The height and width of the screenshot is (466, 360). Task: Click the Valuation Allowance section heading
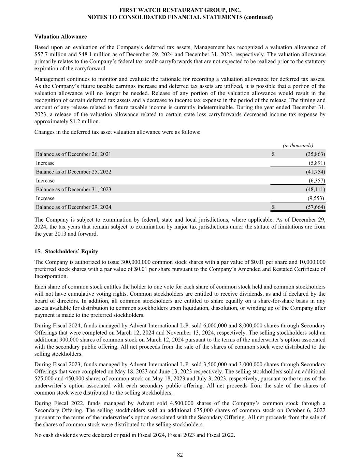(60, 37)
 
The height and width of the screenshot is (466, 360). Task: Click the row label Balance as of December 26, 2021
(73, 154)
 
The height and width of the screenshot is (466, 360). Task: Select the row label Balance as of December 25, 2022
(73, 172)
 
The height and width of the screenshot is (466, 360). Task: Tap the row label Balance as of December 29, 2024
(73, 207)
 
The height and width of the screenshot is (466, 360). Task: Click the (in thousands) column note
(298, 145)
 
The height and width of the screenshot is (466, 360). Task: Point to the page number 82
(180, 455)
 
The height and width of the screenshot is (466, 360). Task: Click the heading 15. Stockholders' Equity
(66, 252)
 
